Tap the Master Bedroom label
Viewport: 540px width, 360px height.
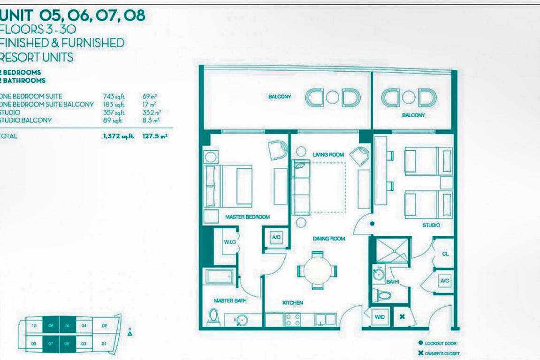[x=247, y=217]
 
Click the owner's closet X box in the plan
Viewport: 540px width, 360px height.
[x=402, y=317]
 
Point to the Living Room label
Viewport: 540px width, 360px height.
[x=328, y=155]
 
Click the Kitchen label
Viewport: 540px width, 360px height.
[x=292, y=303]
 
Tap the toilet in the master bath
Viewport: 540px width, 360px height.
[x=213, y=317]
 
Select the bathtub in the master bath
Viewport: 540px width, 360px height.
[x=220, y=276]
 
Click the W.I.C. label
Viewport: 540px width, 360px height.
[x=229, y=242]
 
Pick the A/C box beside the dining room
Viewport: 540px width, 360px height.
[x=276, y=238]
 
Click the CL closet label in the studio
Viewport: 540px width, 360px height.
[x=445, y=254]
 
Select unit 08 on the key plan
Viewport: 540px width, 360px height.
[x=50, y=325]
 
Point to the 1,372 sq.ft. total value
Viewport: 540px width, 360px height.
[x=119, y=137]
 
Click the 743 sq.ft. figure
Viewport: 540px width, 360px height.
[x=113, y=97]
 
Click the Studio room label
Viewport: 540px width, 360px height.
[x=431, y=225]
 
